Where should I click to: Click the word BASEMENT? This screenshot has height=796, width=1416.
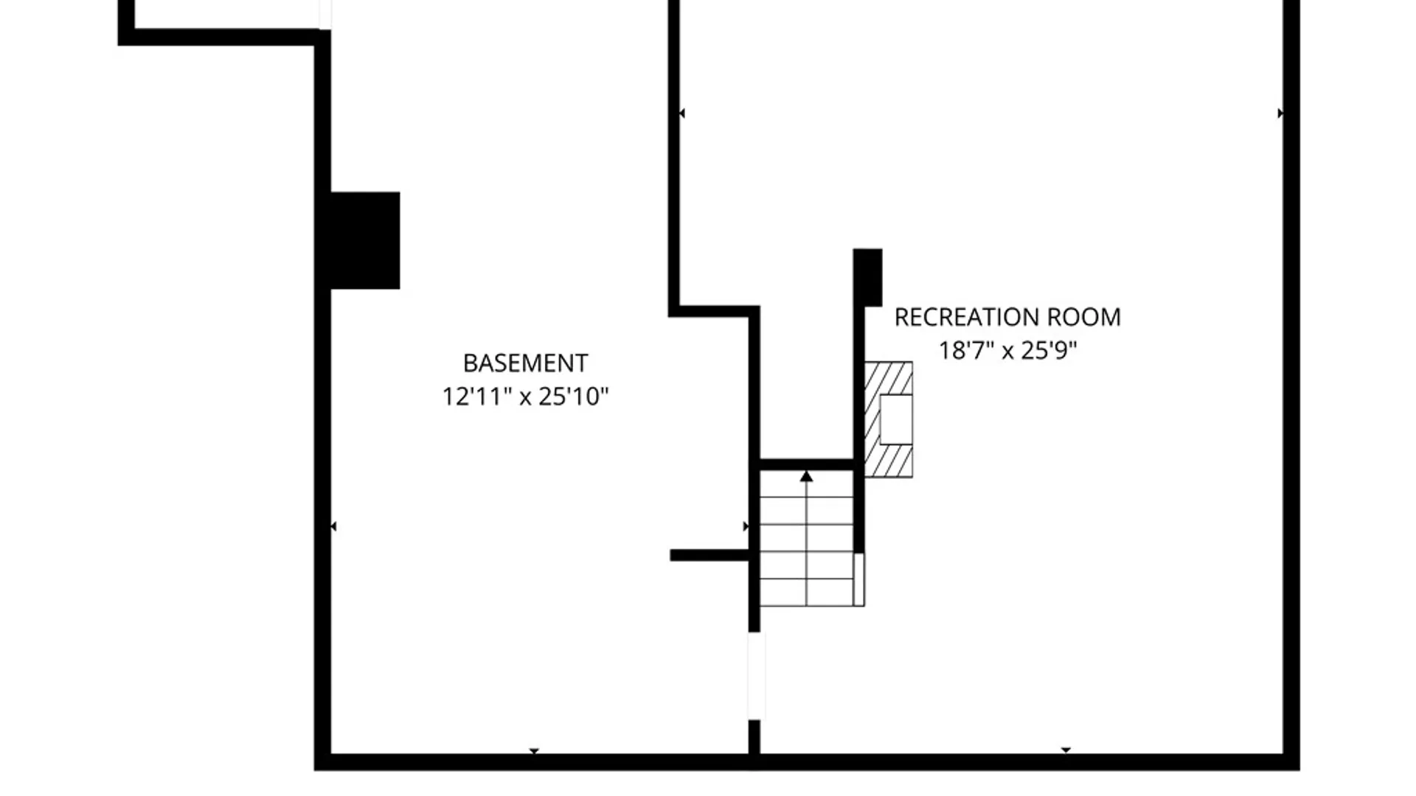coord(525,363)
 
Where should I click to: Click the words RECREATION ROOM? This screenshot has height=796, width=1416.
coord(1007,317)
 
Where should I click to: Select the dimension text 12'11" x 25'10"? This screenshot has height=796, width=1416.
coord(525,397)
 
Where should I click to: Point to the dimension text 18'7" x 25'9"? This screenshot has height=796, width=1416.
coord(1007,350)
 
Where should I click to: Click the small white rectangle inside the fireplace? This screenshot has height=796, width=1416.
coord(896,419)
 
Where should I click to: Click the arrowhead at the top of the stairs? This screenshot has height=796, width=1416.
coord(806,477)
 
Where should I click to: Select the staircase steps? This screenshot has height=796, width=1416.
coord(807,538)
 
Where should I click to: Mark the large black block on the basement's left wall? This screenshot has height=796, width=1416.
coord(365,240)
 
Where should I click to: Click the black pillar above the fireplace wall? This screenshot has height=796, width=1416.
coord(868,277)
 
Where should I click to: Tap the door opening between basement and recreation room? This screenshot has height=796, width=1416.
coord(755,675)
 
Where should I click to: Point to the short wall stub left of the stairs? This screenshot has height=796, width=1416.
coord(709,555)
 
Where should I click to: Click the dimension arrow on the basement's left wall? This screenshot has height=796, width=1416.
coord(333,526)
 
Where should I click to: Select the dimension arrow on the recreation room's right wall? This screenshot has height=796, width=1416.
coord(1280,113)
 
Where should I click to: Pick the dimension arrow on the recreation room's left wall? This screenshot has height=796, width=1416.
coord(682,113)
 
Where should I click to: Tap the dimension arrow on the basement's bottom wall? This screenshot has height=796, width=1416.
coord(534,751)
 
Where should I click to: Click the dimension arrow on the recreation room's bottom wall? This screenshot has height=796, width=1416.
coord(1066,750)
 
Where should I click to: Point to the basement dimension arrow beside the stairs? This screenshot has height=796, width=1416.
coord(746,526)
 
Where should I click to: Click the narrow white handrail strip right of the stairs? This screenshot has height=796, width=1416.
coord(859,579)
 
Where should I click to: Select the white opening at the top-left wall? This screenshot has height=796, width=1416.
coord(325,14)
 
